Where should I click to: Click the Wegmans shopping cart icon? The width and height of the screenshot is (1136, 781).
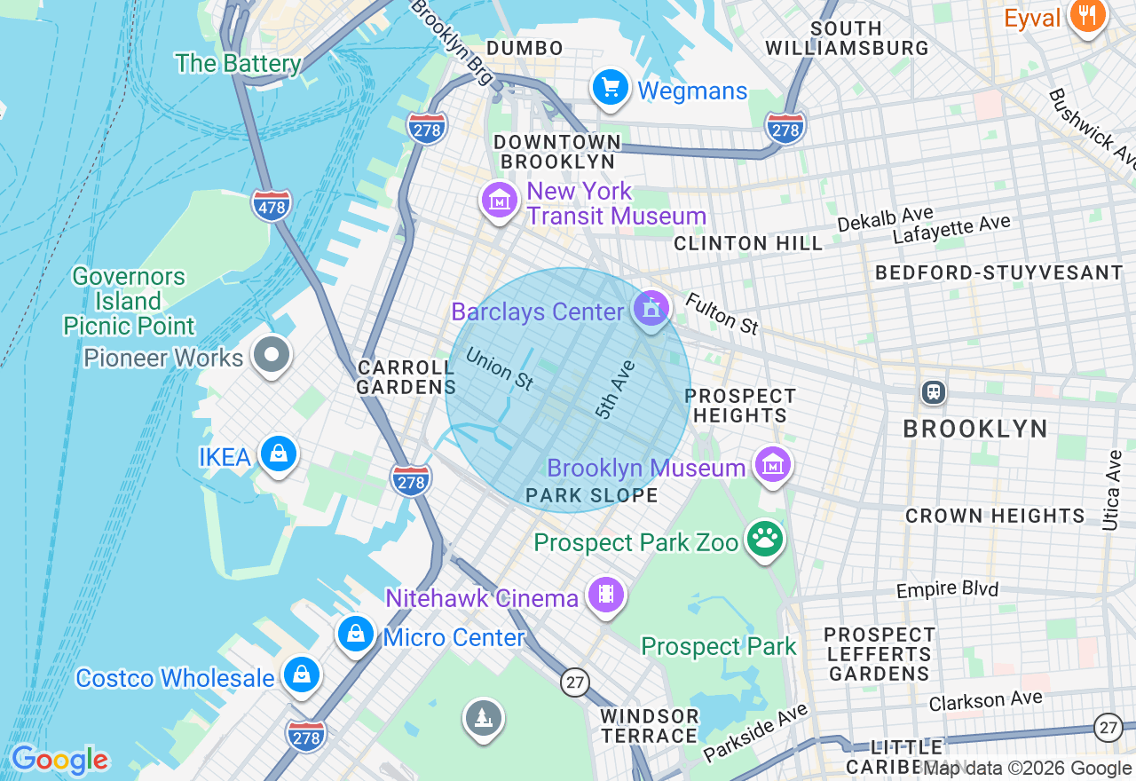(x=611, y=89)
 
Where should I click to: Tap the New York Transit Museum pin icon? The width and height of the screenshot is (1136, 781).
(x=500, y=201)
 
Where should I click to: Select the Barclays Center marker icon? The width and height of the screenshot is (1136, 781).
(x=651, y=310)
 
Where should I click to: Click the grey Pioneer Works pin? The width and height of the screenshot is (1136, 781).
(x=272, y=355)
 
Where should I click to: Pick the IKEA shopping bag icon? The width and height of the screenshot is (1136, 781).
(x=279, y=454)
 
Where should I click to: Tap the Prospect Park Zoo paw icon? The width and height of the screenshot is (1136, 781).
(x=764, y=539)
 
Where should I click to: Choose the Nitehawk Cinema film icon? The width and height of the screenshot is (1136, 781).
(x=605, y=595)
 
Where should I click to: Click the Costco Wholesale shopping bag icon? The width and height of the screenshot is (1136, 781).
(x=302, y=675)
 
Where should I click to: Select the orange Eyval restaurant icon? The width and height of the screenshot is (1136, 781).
(x=1085, y=16)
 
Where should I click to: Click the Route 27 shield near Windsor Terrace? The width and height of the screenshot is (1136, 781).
(x=575, y=682)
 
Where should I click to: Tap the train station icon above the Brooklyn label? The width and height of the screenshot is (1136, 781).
(x=933, y=391)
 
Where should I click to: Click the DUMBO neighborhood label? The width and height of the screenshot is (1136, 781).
(x=525, y=48)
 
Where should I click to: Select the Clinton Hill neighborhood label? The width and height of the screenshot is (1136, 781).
(x=748, y=243)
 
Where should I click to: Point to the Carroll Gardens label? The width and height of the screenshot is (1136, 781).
(x=406, y=377)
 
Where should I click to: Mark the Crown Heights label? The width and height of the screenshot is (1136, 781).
(x=994, y=516)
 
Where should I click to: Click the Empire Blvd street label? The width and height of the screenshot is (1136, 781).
(x=947, y=589)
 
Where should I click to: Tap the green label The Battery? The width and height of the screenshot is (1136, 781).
(x=238, y=63)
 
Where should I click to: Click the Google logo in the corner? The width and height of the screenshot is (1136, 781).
(x=59, y=760)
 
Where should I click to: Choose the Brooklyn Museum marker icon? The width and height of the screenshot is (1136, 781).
(x=772, y=464)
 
